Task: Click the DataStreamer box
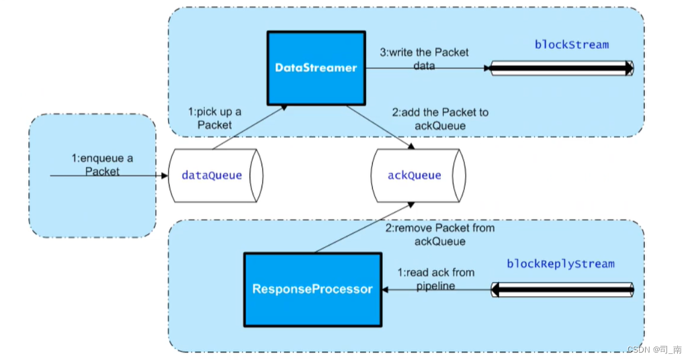315,68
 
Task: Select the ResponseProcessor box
312,289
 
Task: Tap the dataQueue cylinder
212,175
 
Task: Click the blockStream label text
571,45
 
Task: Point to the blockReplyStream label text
560,264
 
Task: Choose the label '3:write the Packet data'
424,59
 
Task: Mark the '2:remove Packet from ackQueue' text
439,234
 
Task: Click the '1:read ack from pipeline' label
435,279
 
